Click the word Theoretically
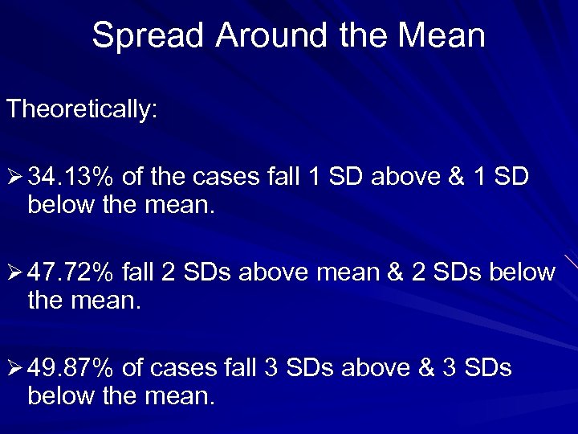(x=82, y=110)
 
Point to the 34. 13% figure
(x=71, y=176)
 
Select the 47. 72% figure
(x=71, y=272)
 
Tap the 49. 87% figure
(x=71, y=367)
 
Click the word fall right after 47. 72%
(x=138, y=272)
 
